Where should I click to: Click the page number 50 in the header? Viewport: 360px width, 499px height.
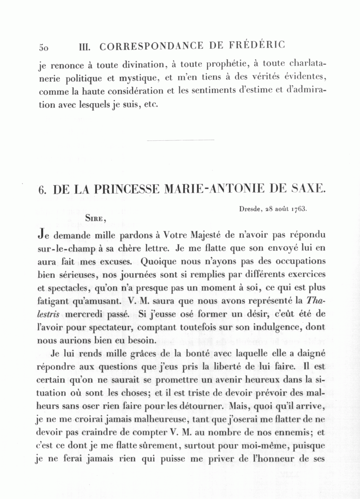point(44,47)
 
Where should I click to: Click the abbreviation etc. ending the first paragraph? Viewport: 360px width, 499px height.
point(152,105)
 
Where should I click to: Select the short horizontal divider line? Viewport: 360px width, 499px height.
point(181,140)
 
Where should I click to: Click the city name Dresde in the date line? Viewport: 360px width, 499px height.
point(248,209)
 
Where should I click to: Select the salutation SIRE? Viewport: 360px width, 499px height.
point(95,218)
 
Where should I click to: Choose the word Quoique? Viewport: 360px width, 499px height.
point(157,261)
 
